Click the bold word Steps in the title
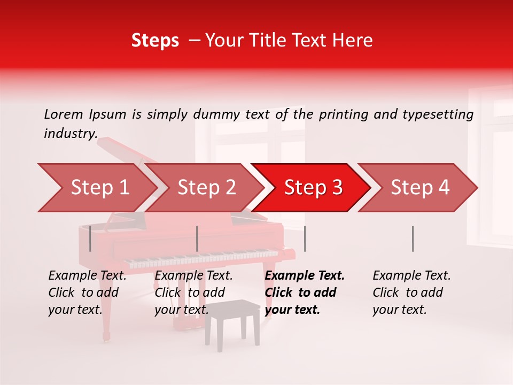pos(155,41)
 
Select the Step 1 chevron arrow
pos(96,188)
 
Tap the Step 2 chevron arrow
pos(206,188)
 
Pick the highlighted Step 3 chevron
pos(313,188)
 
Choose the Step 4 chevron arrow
pos(419,188)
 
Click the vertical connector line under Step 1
pos(90,238)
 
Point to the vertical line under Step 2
pos(197,238)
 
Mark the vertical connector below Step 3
pos(305,238)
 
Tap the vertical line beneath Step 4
pos(413,238)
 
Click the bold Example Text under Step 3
pos(305,276)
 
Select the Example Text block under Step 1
pos(87,292)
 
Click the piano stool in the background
pos(232,321)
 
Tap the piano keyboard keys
pos(203,258)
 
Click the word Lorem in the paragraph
pos(64,114)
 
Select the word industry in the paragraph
pos(70,134)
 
